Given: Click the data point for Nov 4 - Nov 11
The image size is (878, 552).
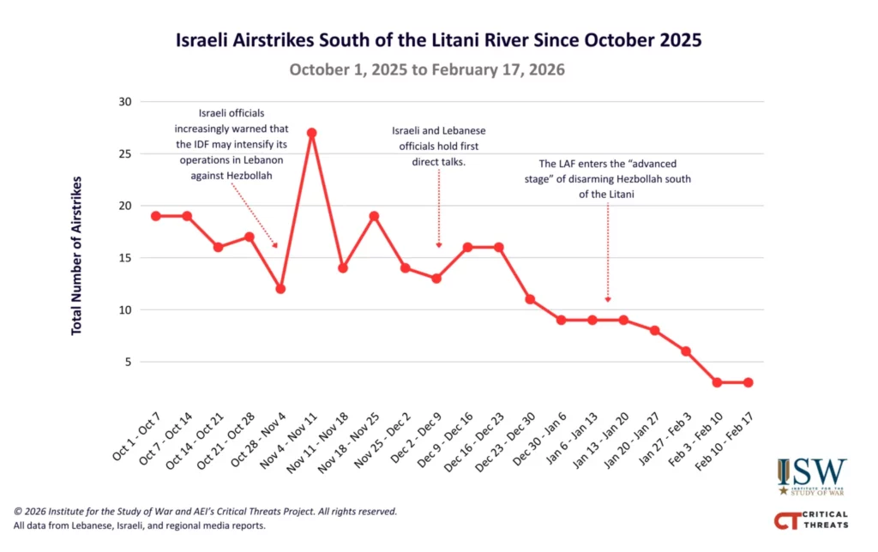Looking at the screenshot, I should (x=311, y=133).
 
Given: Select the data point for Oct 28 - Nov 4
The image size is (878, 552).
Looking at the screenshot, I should (x=280, y=289).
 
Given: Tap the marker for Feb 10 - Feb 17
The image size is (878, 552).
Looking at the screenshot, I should (x=749, y=382).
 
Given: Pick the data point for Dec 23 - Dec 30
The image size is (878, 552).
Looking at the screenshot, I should (x=530, y=299).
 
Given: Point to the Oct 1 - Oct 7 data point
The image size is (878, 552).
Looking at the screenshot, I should (x=156, y=216).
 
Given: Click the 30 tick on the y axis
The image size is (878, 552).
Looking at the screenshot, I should (x=125, y=102).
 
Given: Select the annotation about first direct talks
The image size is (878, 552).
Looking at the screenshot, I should (x=439, y=145).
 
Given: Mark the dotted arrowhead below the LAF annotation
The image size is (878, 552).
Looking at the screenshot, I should (x=608, y=299).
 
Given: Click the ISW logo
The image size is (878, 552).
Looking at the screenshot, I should (x=811, y=477).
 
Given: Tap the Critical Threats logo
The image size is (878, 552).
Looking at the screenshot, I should (x=810, y=519).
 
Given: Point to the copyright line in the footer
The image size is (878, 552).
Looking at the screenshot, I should (x=205, y=511).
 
